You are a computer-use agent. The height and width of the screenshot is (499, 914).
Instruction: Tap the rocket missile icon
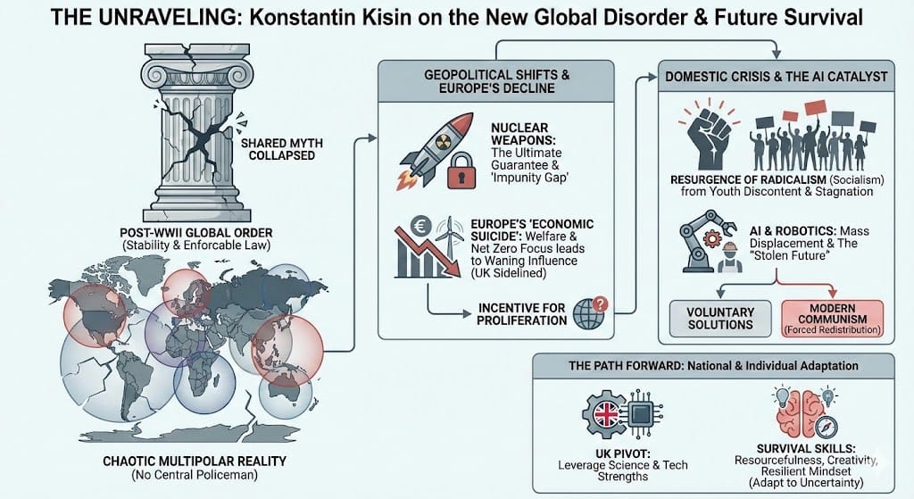pyautogui.click(x=435, y=142)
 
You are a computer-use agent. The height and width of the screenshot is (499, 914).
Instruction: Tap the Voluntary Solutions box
pyautogui.click(x=720, y=319)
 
